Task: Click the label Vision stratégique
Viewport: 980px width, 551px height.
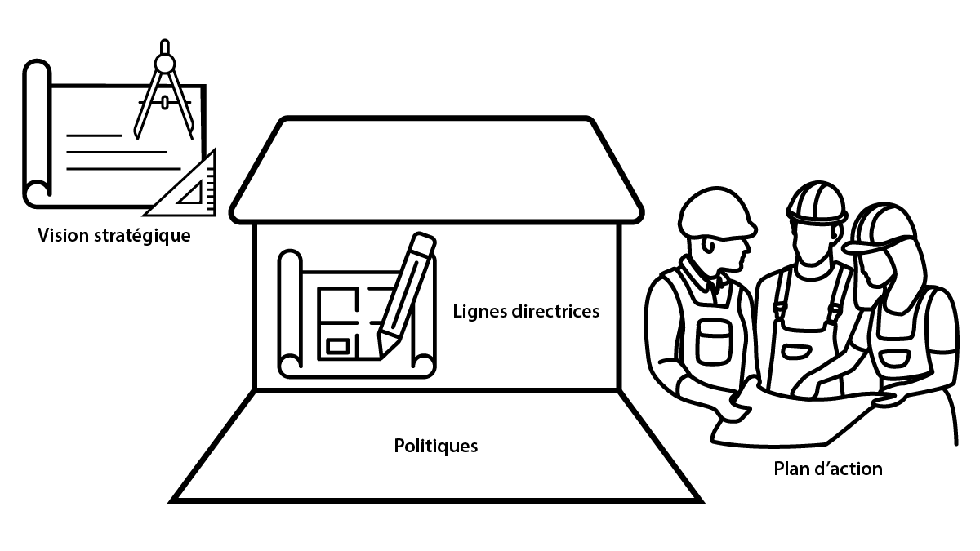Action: [x=114, y=237]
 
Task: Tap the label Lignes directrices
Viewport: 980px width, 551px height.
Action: [x=526, y=312]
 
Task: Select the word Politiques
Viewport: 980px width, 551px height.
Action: [x=435, y=447]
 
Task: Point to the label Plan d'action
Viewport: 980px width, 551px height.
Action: [x=828, y=469]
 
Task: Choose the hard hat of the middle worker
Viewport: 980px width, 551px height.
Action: [x=816, y=200]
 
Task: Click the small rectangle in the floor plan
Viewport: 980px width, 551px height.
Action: [x=338, y=346]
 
